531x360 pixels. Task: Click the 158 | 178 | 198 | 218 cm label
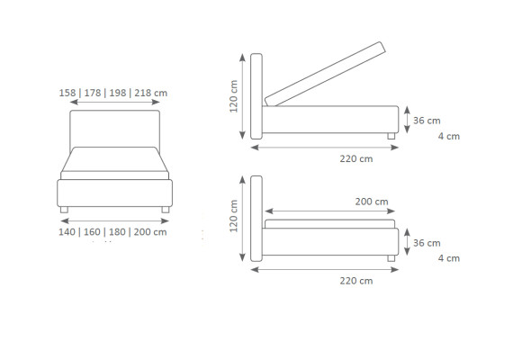[x=113, y=93]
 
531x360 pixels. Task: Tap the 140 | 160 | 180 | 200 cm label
[x=112, y=232]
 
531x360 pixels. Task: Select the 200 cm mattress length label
[x=372, y=202]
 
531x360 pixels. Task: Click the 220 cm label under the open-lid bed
[x=356, y=158]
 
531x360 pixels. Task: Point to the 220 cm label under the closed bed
[x=356, y=281]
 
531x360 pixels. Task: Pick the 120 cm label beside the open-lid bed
[x=234, y=96]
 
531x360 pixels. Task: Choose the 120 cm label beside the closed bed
[x=234, y=216]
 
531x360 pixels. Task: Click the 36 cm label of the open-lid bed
[x=427, y=121]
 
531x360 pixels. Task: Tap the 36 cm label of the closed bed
[x=427, y=243]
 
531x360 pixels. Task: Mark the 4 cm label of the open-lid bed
[x=449, y=136]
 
